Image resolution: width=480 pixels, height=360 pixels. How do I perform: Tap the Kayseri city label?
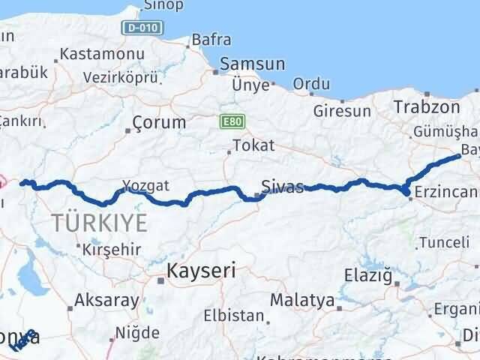point(201,270)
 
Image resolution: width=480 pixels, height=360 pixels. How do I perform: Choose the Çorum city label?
point(158,122)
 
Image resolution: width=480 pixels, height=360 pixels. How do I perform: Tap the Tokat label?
point(253,145)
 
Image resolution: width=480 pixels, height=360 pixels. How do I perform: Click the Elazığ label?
point(368,275)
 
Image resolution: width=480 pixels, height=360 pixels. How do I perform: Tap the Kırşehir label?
point(111,249)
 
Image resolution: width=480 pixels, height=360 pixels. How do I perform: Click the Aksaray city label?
point(106,301)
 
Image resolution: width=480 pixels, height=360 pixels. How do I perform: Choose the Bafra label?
point(211,39)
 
